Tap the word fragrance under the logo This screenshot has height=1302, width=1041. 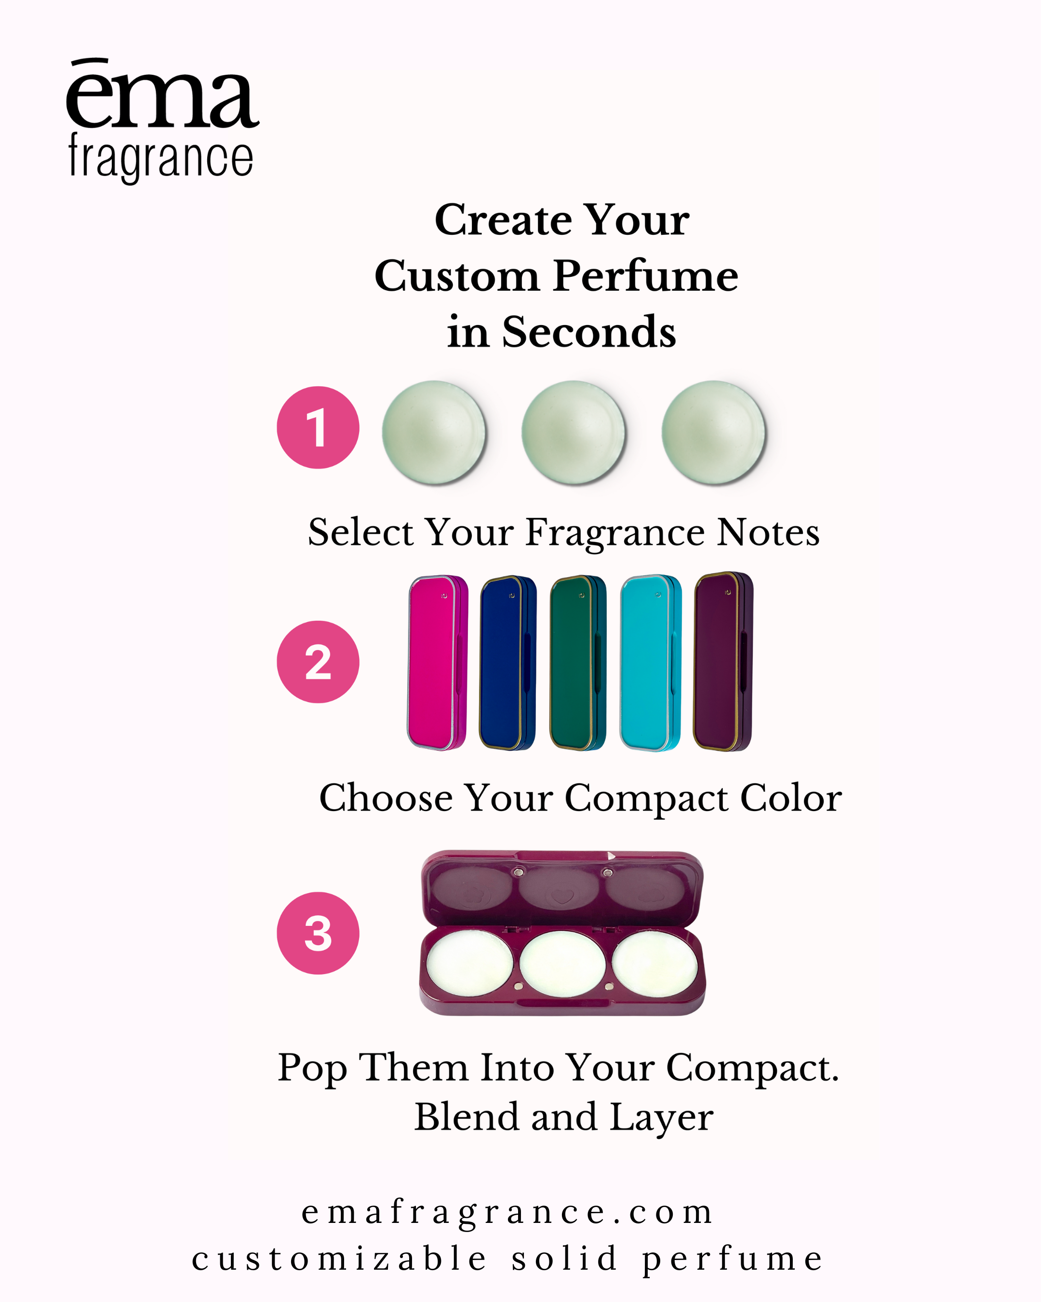[x=160, y=157]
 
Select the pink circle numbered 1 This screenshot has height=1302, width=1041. [x=318, y=428]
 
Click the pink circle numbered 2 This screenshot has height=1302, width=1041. [x=318, y=662]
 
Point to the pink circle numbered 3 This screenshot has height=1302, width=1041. [x=318, y=933]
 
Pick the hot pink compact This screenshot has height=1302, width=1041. [x=438, y=663]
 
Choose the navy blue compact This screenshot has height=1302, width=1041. [x=507, y=663]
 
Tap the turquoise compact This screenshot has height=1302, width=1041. [x=651, y=663]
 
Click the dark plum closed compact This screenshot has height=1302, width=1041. [x=723, y=661]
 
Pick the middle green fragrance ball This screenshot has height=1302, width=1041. [x=574, y=433]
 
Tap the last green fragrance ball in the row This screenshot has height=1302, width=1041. [x=713, y=433]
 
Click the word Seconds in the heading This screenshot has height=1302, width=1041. [x=589, y=332]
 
